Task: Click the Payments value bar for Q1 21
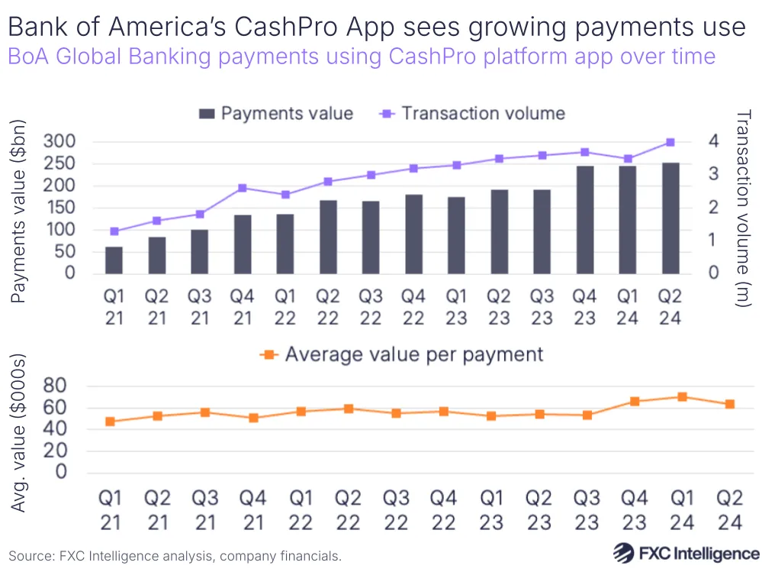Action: point(114,260)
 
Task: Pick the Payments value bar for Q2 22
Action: point(328,237)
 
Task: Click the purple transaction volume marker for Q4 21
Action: point(243,188)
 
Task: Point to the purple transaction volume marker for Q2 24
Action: point(670,142)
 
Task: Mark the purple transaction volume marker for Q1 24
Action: point(628,159)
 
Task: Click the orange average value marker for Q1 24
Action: point(682,397)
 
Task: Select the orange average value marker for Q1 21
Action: point(111,422)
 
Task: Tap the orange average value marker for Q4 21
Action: point(253,418)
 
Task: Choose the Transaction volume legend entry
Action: point(473,114)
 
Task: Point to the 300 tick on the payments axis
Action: point(59,142)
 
